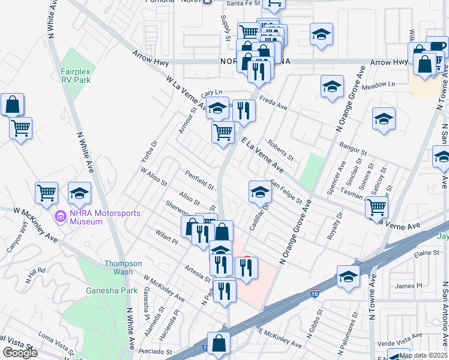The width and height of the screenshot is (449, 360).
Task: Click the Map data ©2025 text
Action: tap(423, 355)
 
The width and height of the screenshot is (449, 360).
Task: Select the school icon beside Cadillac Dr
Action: tap(260, 192)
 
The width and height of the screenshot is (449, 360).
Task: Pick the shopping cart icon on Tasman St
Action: tap(376, 206)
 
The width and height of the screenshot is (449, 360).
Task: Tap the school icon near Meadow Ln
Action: tap(332, 87)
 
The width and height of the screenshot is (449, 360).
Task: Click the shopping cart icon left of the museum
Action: tap(46, 193)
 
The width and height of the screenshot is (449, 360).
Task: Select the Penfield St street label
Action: tap(199, 179)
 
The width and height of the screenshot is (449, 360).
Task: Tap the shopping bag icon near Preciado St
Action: tap(219, 344)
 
